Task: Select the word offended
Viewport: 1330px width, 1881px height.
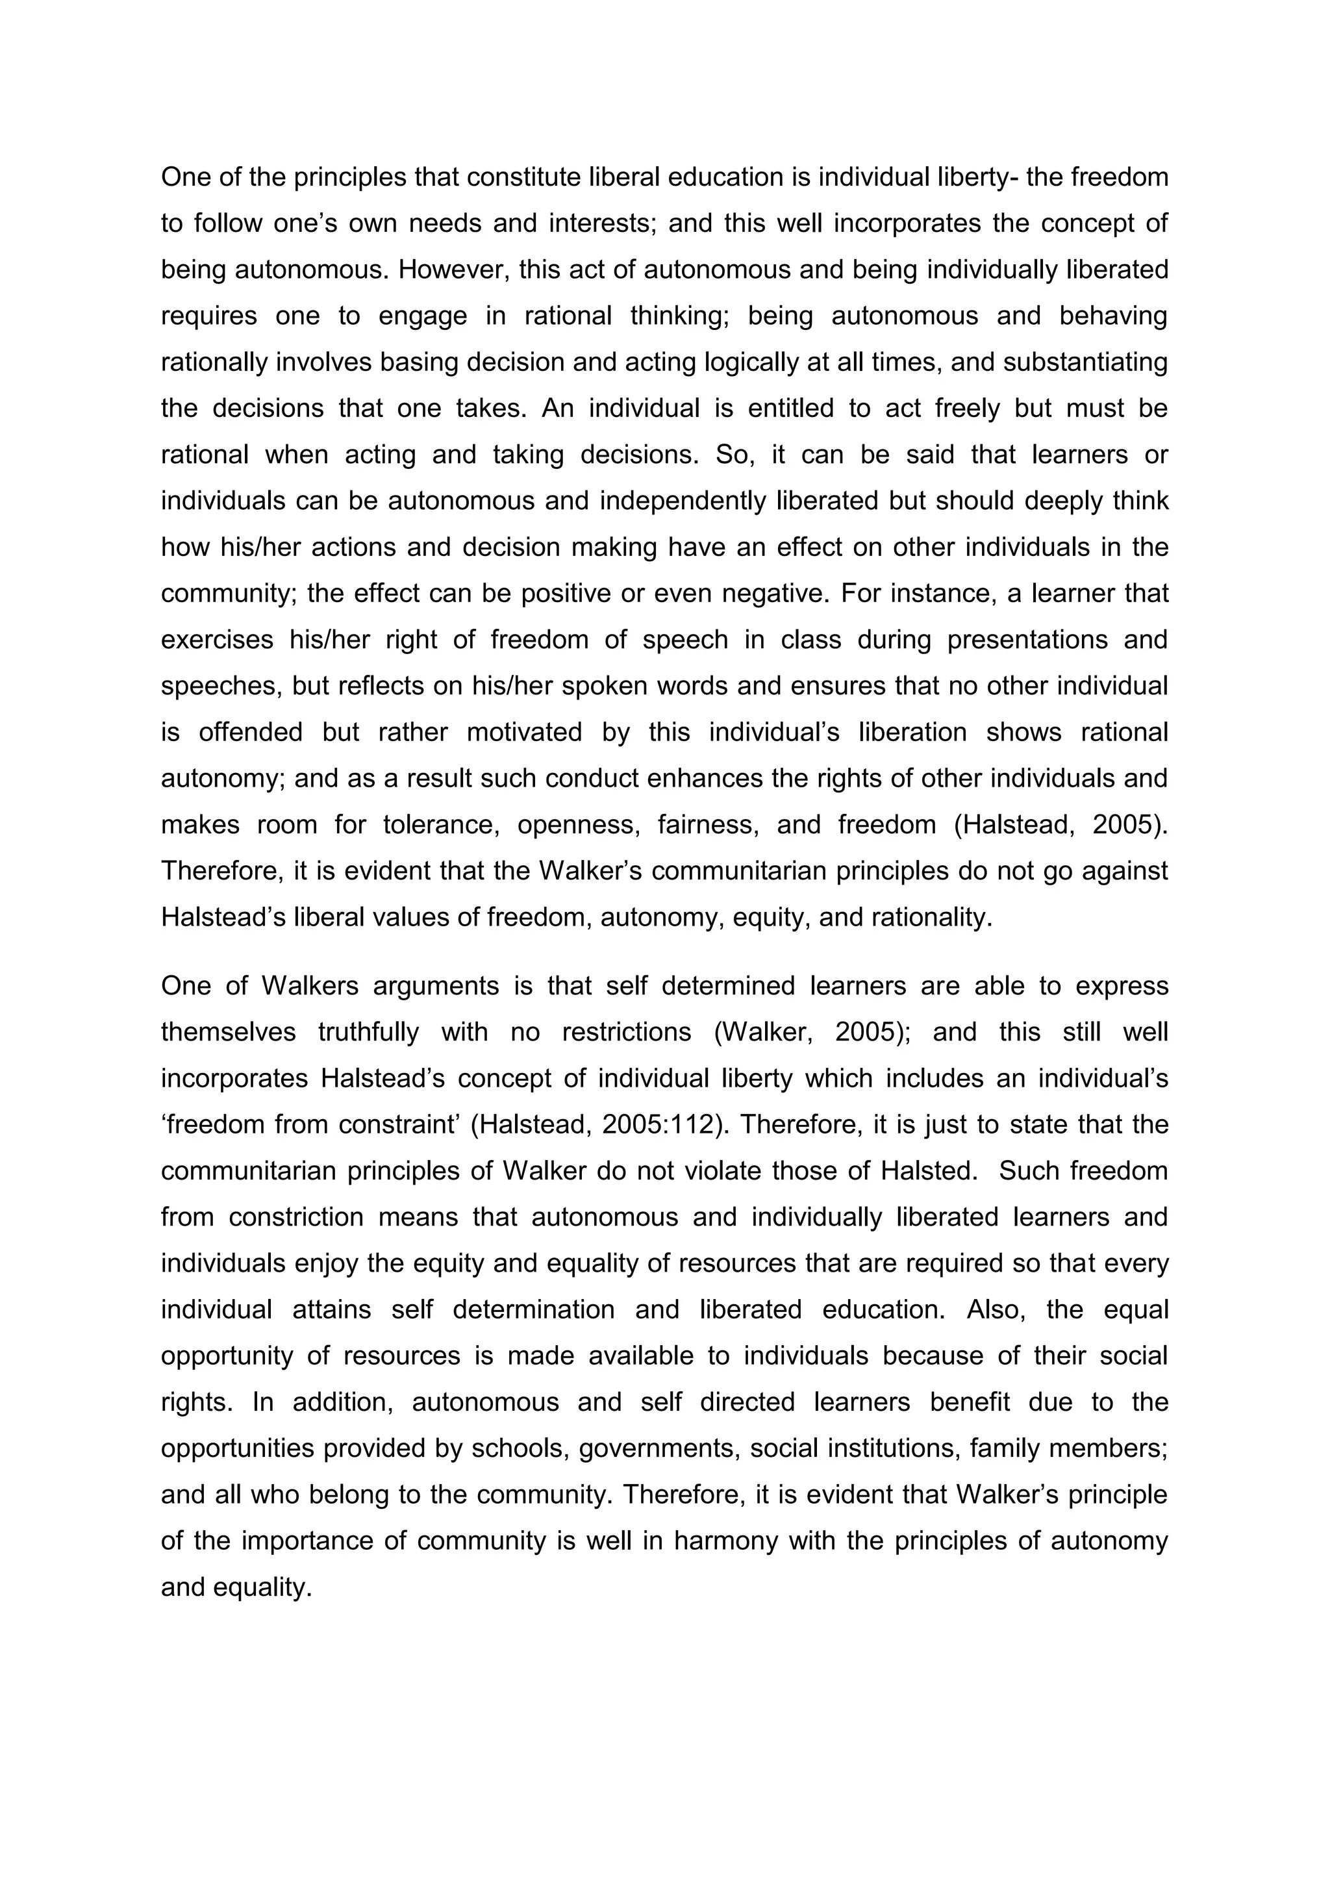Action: [x=251, y=731]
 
